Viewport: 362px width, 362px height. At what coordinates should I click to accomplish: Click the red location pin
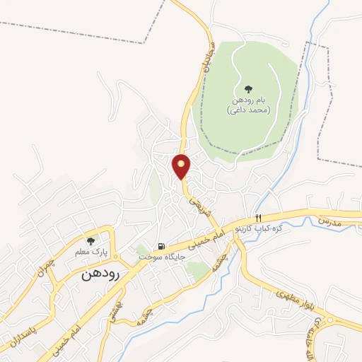pos(182,166)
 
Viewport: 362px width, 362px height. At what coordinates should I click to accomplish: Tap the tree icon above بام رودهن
pos(247,89)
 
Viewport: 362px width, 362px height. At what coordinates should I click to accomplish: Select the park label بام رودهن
pos(247,101)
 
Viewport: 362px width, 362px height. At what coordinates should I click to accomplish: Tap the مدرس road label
pos(329,221)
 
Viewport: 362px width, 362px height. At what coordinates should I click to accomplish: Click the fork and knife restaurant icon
pos(258,217)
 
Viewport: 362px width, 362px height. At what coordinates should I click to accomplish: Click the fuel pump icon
pos(161,247)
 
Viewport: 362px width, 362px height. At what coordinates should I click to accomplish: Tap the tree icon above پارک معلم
pos(90,241)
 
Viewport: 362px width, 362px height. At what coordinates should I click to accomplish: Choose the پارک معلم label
pos(90,252)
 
